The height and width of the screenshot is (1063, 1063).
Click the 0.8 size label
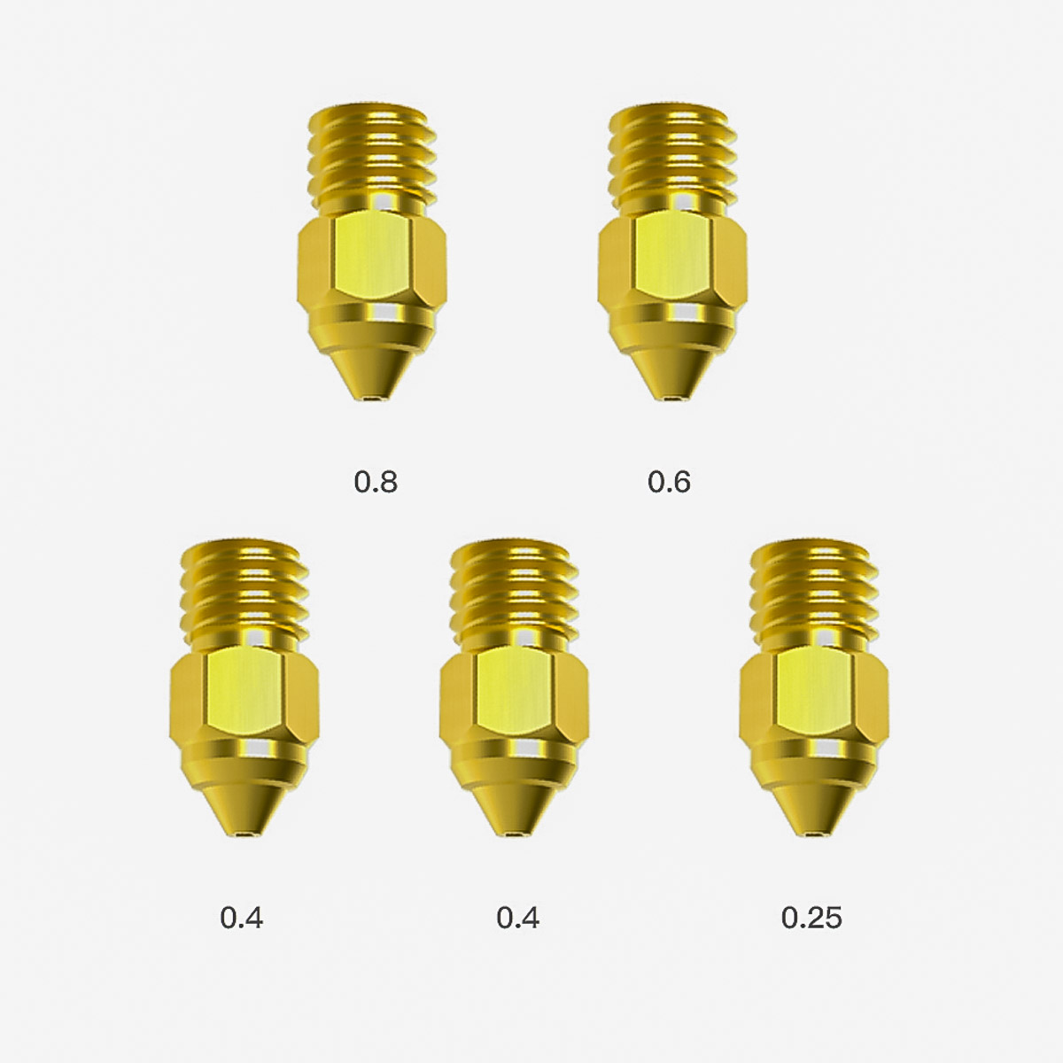375,482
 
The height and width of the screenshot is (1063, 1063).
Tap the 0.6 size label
669,482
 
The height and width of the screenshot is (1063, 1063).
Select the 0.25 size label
811,919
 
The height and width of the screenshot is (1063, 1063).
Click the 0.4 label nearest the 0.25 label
517,919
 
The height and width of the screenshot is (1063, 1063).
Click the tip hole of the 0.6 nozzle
673,397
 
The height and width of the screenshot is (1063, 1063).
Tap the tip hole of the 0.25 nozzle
814,834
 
